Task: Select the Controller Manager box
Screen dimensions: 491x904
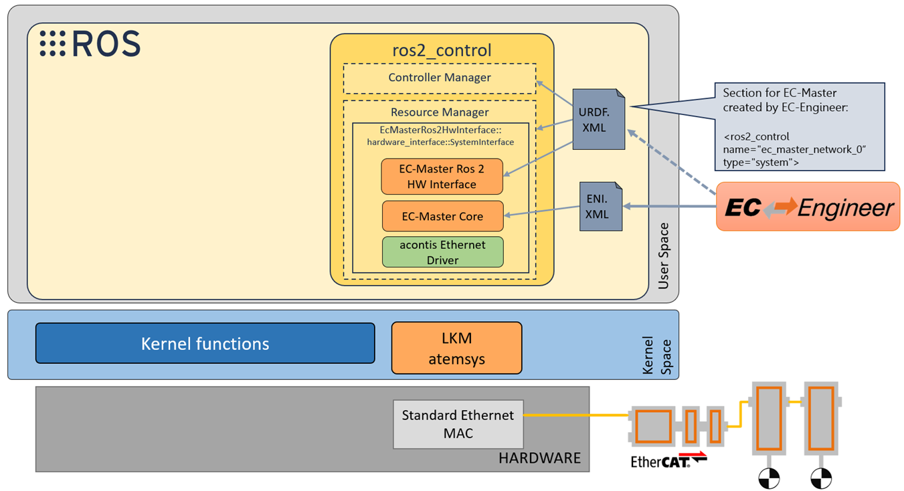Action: click(x=440, y=78)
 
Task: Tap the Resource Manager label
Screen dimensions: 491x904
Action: click(x=440, y=112)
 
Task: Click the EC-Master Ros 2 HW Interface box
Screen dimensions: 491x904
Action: click(x=442, y=177)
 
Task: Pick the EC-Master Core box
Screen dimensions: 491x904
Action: click(x=442, y=216)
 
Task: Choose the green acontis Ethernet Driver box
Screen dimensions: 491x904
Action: click(x=442, y=252)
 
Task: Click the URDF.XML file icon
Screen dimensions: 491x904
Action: click(x=598, y=120)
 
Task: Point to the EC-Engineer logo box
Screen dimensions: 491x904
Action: click(x=808, y=207)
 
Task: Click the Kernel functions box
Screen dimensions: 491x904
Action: click(x=205, y=344)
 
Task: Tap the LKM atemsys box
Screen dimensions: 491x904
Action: click(x=456, y=348)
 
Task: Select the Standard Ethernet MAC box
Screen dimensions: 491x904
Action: click(x=458, y=424)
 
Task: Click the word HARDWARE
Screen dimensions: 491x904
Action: click(x=539, y=458)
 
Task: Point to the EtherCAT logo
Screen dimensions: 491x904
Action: click(x=668, y=460)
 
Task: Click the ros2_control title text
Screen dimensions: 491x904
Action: click(x=442, y=50)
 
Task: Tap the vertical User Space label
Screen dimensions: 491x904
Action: click(x=663, y=257)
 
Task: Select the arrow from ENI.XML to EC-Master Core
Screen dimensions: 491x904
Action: click(x=543, y=211)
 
